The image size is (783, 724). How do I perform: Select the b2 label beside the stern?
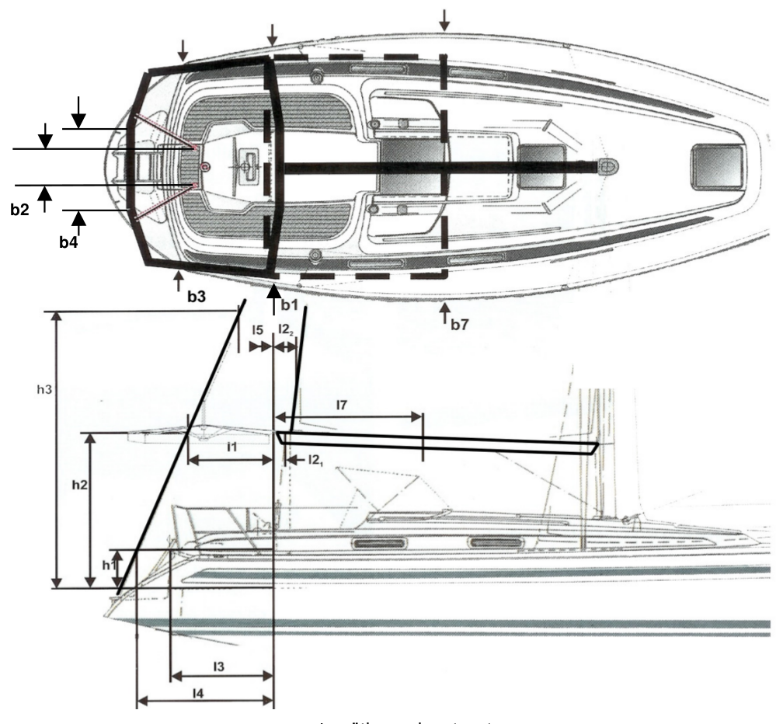pyautogui.click(x=21, y=211)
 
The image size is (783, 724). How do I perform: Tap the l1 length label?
pyautogui.click(x=231, y=447)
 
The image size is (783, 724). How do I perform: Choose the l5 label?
pyautogui.click(x=257, y=330)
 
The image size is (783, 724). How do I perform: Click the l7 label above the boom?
pyautogui.click(x=342, y=405)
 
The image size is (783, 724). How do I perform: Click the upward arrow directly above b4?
pyautogui.click(x=79, y=221)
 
